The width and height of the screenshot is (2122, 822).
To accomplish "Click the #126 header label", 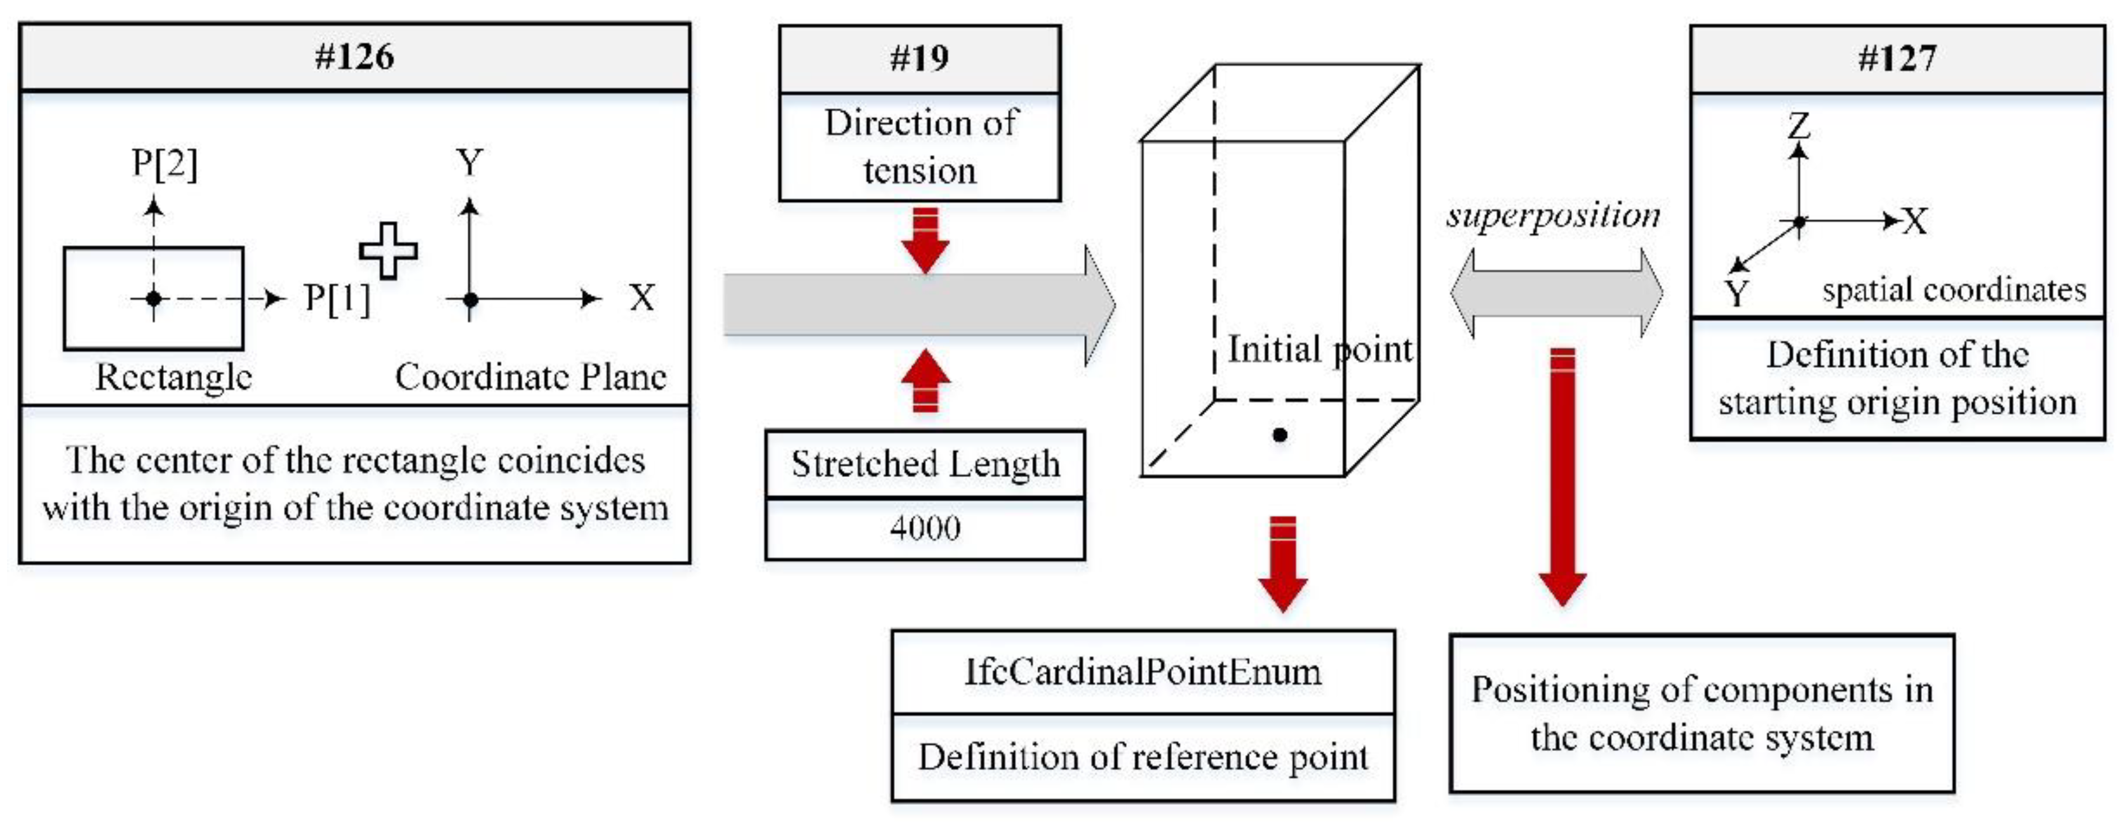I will tap(354, 57).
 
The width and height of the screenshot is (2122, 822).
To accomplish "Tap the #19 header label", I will tap(919, 58).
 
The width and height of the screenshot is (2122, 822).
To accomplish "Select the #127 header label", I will tap(1897, 58).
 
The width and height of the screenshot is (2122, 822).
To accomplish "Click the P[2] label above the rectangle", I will tap(165, 163).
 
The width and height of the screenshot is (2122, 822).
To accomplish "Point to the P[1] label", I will tap(337, 298).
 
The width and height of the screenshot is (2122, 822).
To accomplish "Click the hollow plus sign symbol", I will tap(388, 250).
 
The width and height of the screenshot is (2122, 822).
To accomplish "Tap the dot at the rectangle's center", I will tap(153, 298).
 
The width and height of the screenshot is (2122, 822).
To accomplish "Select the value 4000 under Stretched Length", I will tap(924, 528).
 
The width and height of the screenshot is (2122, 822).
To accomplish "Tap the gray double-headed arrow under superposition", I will tap(1556, 293).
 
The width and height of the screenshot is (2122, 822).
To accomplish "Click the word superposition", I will tap(1553, 216).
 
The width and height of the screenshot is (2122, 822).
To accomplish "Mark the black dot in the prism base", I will tap(1279, 435).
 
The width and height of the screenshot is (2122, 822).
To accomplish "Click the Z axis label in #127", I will tap(1799, 125).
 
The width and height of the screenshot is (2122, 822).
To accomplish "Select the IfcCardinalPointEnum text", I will tap(1143, 672).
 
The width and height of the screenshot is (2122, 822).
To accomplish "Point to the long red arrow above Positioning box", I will tap(1562, 478).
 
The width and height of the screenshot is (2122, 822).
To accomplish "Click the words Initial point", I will tap(1320, 349).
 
